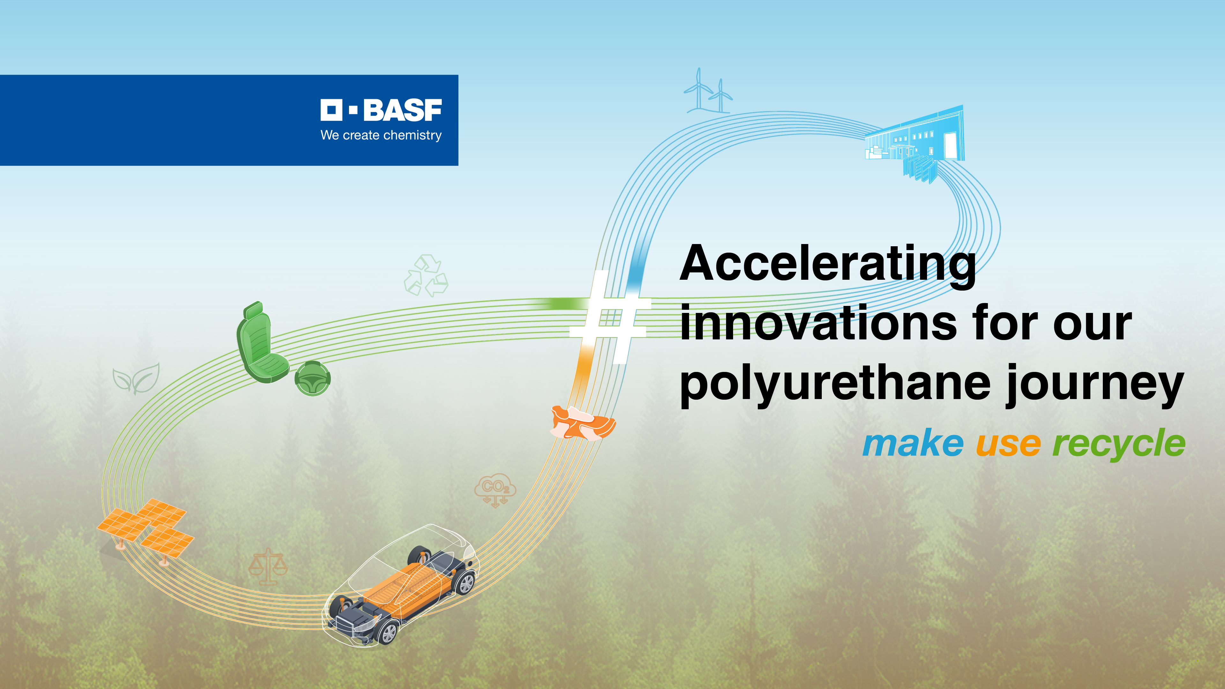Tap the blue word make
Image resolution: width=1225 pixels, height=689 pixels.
click(x=913, y=444)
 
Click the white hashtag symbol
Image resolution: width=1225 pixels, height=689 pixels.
click(x=610, y=316)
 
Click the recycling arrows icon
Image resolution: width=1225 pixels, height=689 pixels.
click(x=426, y=276)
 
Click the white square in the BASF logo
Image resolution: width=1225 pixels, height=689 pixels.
click(x=331, y=110)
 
